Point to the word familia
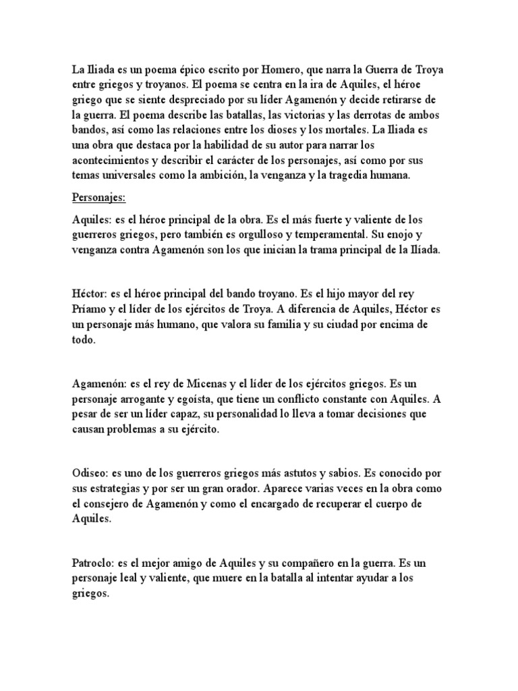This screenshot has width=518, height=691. pyautogui.click(x=277, y=325)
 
